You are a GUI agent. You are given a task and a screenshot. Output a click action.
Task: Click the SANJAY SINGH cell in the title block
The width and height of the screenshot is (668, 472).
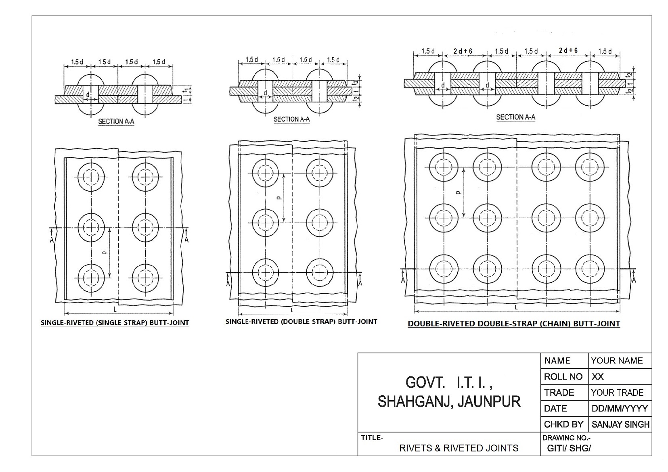point(620,424)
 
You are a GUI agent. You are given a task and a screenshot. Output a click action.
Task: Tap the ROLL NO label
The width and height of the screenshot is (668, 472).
point(563,377)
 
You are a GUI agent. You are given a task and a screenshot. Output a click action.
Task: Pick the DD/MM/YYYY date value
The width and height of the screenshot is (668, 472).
point(620,408)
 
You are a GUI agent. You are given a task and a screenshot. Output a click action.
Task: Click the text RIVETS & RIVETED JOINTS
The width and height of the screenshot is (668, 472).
point(459,448)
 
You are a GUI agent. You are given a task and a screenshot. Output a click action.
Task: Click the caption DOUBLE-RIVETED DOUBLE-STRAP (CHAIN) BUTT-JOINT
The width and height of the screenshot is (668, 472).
point(514,324)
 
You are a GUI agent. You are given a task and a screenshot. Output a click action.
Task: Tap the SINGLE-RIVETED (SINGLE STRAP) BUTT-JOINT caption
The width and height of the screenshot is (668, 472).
point(115,323)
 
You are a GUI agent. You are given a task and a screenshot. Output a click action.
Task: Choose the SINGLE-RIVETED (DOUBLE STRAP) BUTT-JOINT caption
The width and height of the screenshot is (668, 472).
point(301,322)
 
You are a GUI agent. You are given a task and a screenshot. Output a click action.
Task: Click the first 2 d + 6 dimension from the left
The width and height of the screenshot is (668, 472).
point(463,51)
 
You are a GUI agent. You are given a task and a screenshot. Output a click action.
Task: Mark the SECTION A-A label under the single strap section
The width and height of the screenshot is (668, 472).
point(116,121)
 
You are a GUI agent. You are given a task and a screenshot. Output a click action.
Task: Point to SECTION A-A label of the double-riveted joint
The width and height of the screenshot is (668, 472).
point(515,117)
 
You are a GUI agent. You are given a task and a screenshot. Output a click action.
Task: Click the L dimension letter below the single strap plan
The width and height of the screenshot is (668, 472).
point(115,310)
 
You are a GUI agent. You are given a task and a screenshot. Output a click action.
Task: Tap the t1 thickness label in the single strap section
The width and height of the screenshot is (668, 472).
point(186,90)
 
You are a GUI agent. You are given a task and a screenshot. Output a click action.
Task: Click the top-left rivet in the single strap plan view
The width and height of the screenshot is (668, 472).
point(91,177)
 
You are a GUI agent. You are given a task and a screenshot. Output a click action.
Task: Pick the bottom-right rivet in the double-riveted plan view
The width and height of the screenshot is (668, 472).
point(590,269)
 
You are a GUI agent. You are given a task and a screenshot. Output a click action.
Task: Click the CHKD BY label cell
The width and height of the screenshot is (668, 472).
point(563,424)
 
